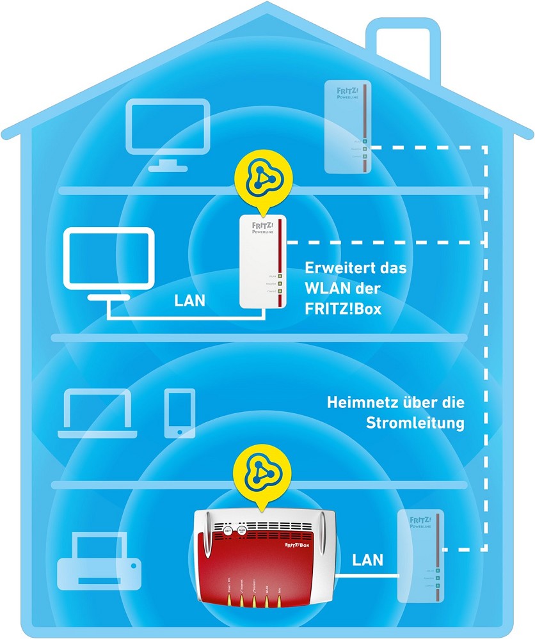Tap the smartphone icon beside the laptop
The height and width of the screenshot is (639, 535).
pyautogui.click(x=179, y=413)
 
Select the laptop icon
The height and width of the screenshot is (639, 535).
pyautogui.click(x=98, y=415)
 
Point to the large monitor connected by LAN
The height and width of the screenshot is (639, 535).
pyautogui.click(x=109, y=259)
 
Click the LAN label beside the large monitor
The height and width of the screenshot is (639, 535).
pyautogui.click(x=190, y=301)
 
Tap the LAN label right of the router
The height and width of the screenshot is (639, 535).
pyautogui.click(x=367, y=560)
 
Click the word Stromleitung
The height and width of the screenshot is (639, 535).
pyautogui.click(x=415, y=423)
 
